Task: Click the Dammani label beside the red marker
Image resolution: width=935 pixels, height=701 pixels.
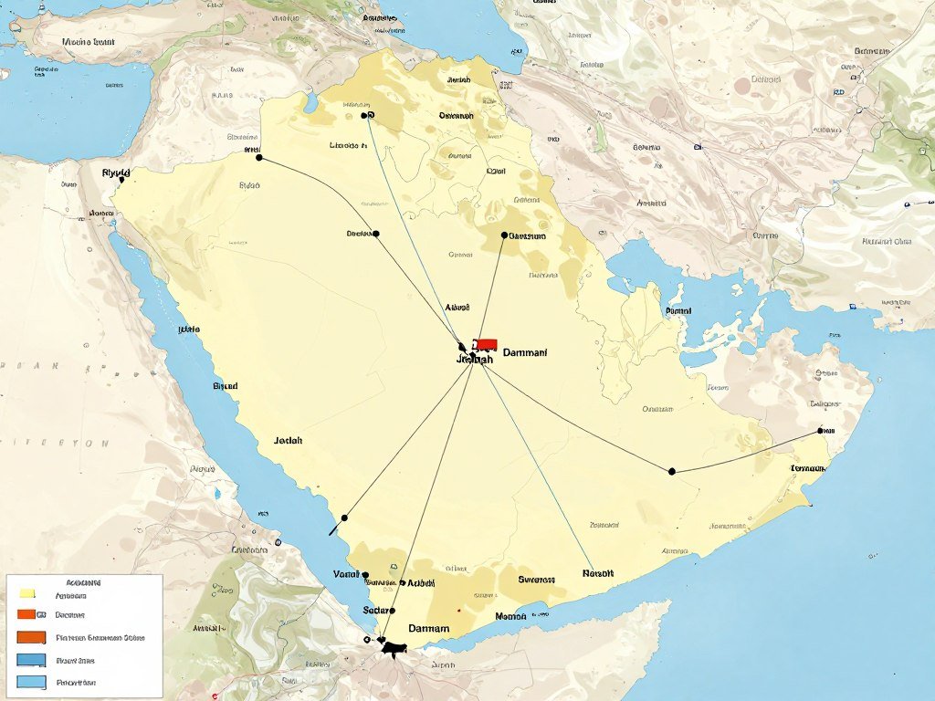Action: [x=525, y=351]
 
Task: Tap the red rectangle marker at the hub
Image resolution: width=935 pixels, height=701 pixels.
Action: [x=486, y=344]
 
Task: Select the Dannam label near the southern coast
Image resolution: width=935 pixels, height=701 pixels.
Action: [x=428, y=628]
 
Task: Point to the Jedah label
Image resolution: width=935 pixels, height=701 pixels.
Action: [x=288, y=440]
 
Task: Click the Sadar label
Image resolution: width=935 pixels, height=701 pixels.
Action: [x=375, y=610]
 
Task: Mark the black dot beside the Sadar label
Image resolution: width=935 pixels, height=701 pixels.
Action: [x=393, y=610]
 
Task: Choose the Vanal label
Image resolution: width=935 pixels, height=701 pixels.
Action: [x=346, y=574]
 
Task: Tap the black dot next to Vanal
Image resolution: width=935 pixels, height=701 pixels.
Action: [x=365, y=575]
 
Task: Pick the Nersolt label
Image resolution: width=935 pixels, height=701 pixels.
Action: [x=598, y=573]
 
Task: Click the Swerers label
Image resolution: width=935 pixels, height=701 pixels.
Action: [x=536, y=579]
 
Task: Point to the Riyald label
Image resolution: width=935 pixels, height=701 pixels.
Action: [x=116, y=172]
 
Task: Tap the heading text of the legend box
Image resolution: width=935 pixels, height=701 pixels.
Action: [x=84, y=581]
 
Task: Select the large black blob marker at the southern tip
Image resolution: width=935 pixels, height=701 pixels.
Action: [x=394, y=649]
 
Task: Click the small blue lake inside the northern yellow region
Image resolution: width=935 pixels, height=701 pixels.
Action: [x=311, y=102]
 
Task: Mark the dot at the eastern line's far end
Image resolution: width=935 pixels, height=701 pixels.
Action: [x=821, y=430]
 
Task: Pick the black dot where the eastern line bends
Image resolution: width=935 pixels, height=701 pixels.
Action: [x=672, y=471]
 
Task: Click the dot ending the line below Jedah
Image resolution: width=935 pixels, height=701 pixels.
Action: [x=344, y=518]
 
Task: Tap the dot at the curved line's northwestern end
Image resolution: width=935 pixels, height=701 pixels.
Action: [x=259, y=158]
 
